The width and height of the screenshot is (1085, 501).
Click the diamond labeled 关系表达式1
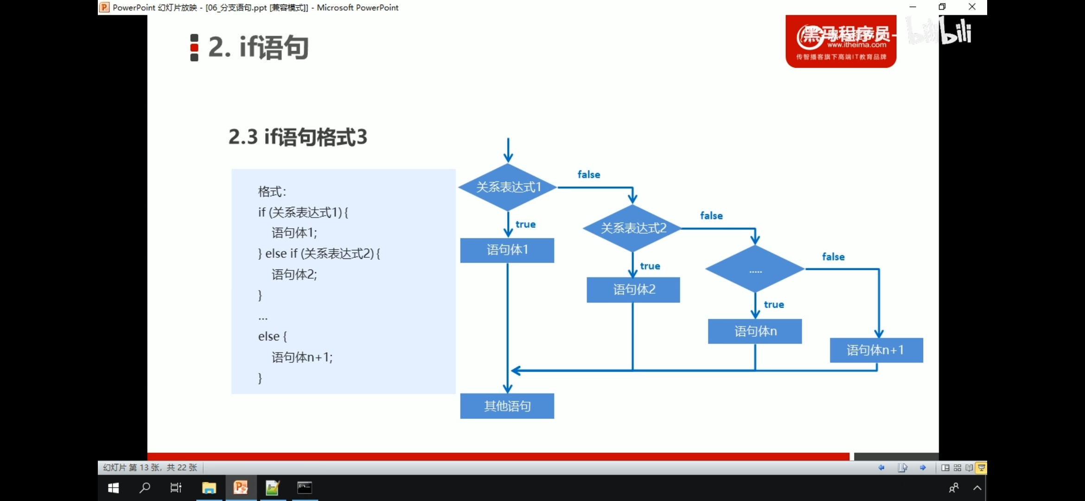tap(508, 187)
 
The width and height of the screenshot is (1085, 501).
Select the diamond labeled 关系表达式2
tap(633, 228)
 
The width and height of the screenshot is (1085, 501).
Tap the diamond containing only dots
tap(755, 269)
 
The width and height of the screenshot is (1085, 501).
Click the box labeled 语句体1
tap(507, 250)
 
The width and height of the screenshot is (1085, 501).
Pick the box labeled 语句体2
tap(633, 290)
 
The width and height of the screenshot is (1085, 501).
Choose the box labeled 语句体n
tap(755, 331)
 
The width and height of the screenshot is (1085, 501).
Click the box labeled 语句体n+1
tap(876, 350)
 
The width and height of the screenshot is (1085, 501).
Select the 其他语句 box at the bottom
tap(507, 406)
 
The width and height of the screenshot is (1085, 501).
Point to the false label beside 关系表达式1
tap(588, 175)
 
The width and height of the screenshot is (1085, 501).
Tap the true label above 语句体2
tap(650, 266)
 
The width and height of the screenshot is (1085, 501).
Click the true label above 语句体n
tap(774, 305)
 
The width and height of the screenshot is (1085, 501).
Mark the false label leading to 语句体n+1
tap(833, 257)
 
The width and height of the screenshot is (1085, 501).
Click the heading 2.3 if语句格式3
tap(298, 137)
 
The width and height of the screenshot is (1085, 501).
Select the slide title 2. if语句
tap(258, 47)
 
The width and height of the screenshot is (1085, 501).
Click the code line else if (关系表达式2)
tap(319, 254)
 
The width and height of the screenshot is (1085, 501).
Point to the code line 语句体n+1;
tap(302, 357)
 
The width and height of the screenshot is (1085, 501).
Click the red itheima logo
tap(841, 42)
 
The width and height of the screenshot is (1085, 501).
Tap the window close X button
tap(972, 7)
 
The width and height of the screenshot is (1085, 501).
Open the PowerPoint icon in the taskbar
tap(241, 488)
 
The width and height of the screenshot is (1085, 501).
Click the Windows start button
tap(114, 488)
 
